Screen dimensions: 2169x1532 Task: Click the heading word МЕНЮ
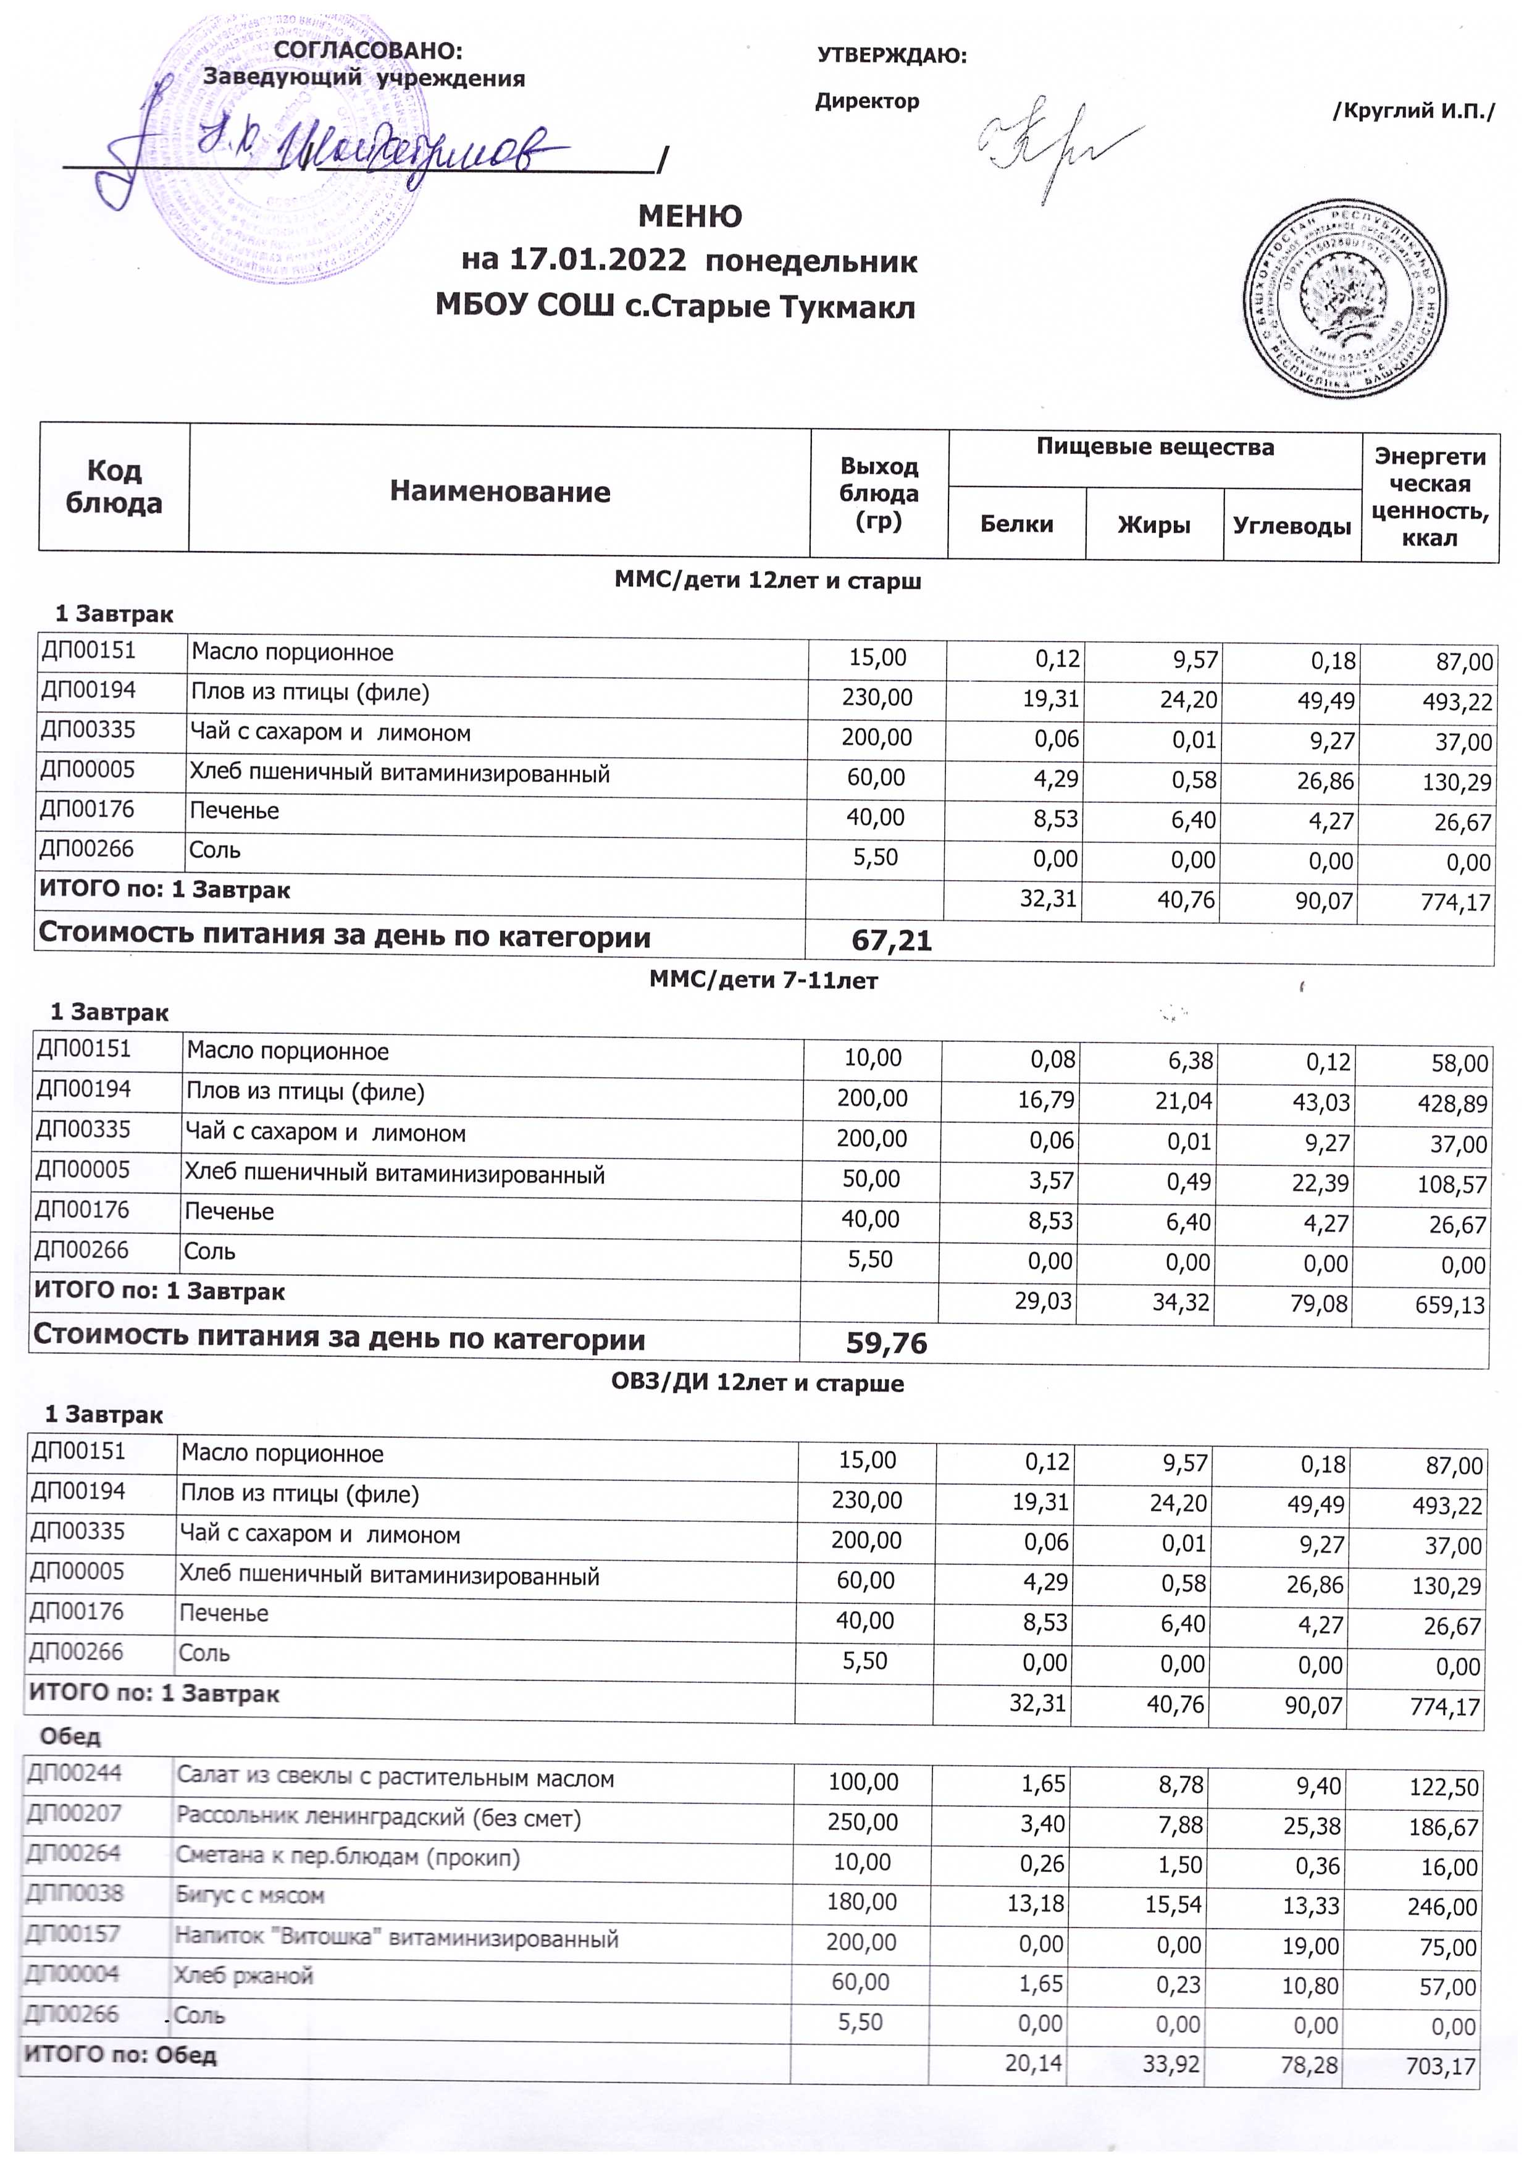(690, 216)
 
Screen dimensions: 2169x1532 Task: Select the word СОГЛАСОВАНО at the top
(369, 51)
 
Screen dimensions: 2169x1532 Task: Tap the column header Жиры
(1153, 525)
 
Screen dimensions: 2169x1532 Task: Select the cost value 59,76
(886, 1343)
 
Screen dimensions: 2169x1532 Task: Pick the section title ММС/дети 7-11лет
(763, 981)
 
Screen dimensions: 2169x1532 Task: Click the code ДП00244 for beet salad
(75, 1773)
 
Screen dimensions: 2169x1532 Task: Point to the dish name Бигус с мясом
(250, 1895)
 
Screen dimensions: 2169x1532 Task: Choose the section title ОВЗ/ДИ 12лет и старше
(758, 1383)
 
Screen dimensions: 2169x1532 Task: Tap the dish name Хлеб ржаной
(244, 1975)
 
